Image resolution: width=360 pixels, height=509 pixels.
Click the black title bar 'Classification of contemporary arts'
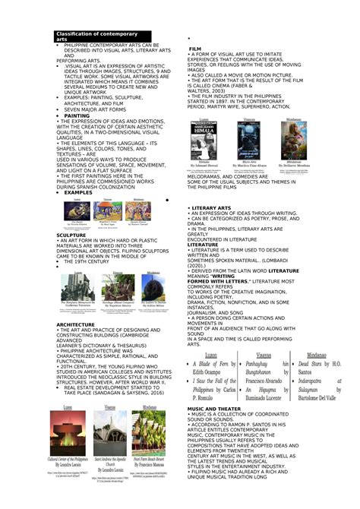96,36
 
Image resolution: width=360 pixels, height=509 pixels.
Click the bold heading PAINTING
77,115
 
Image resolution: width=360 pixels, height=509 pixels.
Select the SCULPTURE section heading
71,236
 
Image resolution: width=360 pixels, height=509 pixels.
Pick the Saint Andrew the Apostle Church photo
110,432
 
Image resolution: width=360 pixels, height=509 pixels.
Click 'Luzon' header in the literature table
213,354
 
